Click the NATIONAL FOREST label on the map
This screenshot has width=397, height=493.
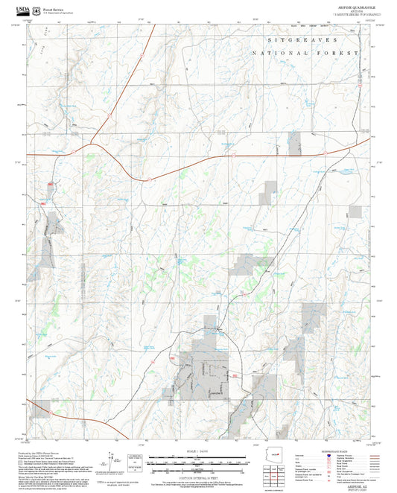[x=305, y=54]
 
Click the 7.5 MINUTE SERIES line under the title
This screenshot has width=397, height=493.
[x=358, y=13]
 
